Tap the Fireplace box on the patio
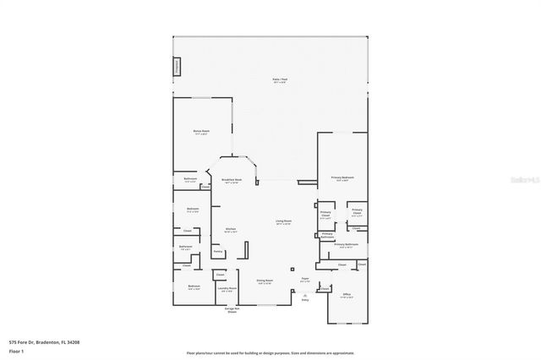pyautogui.click(x=177, y=67)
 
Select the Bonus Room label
pyautogui.click(x=201, y=133)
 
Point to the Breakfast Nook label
pyautogui.click(x=232, y=180)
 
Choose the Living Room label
pyautogui.click(x=282, y=222)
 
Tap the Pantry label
pyautogui.click(x=218, y=252)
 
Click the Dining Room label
pyautogui.click(x=264, y=281)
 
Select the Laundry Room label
pyautogui.click(x=227, y=289)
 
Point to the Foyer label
pyautogui.click(x=305, y=280)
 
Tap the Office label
pyautogui.click(x=347, y=295)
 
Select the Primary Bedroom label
pyautogui.click(x=342, y=178)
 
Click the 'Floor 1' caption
pyautogui.click(x=16, y=351)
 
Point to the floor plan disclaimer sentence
pyautogui.click(x=270, y=353)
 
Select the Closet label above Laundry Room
pyautogui.click(x=220, y=275)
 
